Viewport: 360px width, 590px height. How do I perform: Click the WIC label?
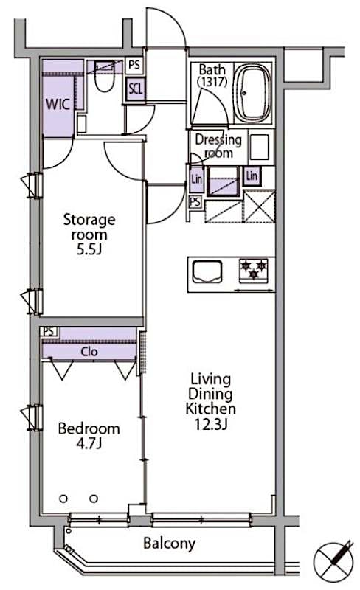[x=58, y=104]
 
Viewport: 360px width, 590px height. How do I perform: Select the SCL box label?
[x=135, y=88]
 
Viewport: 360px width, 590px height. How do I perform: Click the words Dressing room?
[x=218, y=146]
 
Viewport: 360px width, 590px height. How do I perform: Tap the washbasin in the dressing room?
[x=259, y=147]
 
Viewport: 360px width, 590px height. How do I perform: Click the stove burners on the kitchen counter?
[x=255, y=270]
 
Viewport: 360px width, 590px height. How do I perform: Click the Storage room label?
[x=89, y=227]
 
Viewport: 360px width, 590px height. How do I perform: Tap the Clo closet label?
[x=89, y=351]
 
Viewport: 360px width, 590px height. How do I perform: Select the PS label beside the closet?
[x=49, y=332]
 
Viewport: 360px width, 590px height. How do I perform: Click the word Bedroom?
[x=89, y=428]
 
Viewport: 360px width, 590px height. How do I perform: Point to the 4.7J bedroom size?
[x=89, y=445]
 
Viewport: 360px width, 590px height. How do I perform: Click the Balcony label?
[x=170, y=544]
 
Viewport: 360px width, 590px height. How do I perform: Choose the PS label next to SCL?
[x=134, y=64]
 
